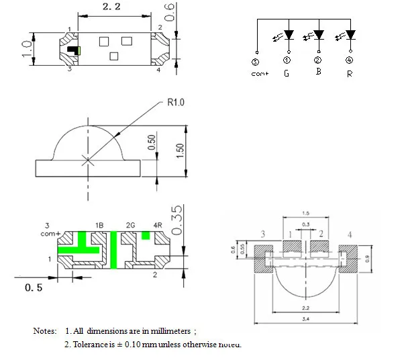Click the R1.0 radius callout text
point(176,103)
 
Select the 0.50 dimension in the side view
point(152,142)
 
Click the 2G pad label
point(131,224)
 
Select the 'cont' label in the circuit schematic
point(260,74)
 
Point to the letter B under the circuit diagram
point(318,71)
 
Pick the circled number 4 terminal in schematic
point(349,60)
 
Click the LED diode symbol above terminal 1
point(289,34)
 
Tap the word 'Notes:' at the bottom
point(46,331)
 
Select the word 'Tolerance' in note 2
point(90,345)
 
